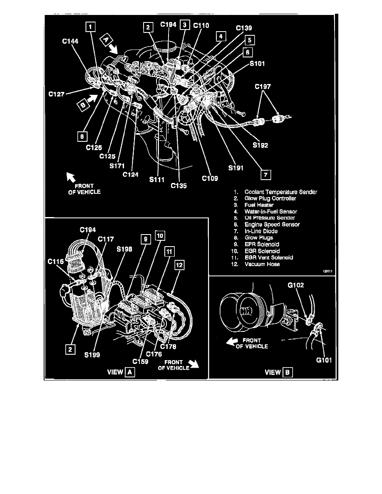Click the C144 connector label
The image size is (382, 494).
pyautogui.click(x=70, y=41)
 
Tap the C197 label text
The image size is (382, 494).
pyautogui.click(x=263, y=87)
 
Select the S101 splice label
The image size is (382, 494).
pyautogui.click(x=258, y=64)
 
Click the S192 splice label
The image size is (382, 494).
pyautogui.click(x=261, y=146)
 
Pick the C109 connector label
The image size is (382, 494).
pyautogui.click(x=210, y=178)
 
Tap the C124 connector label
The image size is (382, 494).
pyautogui.click(x=131, y=174)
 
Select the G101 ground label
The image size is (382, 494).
pyautogui.click(x=324, y=361)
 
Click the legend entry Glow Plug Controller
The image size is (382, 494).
pyautogui.click(x=270, y=198)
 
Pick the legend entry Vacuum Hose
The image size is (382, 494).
pyautogui.click(x=262, y=264)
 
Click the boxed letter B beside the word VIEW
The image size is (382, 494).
pyautogui.click(x=288, y=372)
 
